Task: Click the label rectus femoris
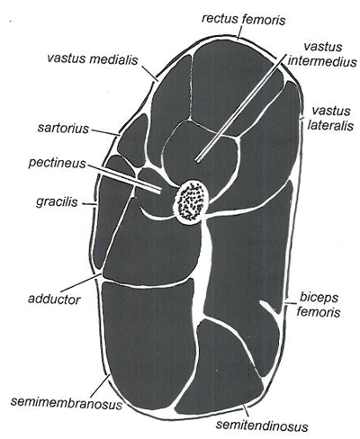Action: coord(244,20)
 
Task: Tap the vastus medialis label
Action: coord(93,58)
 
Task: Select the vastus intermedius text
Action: coord(322,54)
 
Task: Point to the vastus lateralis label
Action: coord(330,119)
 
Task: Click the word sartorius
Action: coord(63,129)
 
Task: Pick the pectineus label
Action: coord(58,163)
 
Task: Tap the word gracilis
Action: coord(57,202)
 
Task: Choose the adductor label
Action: coord(54,299)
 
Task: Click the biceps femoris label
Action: coord(319,305)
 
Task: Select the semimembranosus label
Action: coord(67,403)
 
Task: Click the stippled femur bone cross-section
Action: coord(192,201)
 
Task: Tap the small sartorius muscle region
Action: coord(133,140)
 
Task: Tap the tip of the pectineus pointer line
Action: coord(161,191)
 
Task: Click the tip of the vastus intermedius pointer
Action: coord(198,159)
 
